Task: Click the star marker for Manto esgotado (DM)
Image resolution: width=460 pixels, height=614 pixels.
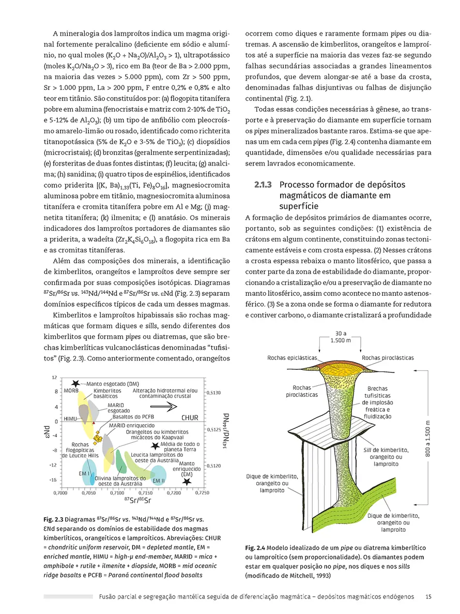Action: (x=76, y=383)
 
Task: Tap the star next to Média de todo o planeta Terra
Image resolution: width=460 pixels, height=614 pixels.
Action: (x=154, y=445)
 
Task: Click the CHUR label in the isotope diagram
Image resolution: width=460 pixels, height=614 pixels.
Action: (x=190, y=417)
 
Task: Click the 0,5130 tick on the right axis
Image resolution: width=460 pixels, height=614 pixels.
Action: (x=214, y=393)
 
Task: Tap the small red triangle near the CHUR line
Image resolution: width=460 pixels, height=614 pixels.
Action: (x=94, y=423)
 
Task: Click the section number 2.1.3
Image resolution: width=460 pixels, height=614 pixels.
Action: (x=262, y=185)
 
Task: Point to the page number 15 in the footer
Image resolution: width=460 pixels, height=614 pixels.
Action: (x=428, y=596)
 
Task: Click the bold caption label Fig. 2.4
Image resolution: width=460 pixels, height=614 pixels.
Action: (x=255, y=547)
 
